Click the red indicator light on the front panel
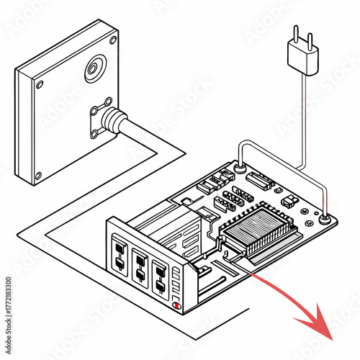(177, 305)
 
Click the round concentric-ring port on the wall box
(94, 70)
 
